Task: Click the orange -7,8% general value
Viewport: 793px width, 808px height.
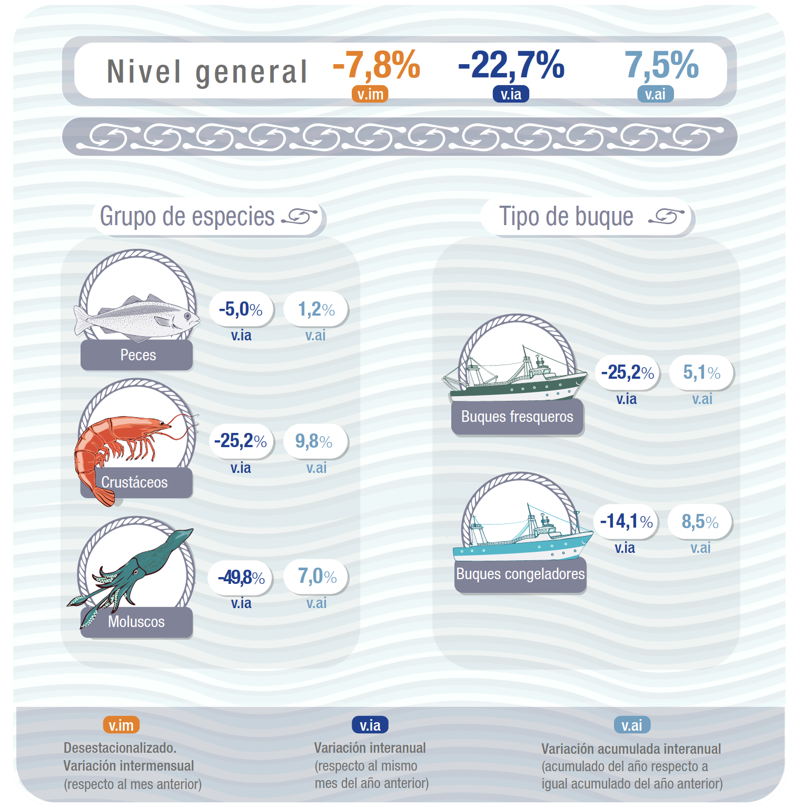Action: (x=376, y=65)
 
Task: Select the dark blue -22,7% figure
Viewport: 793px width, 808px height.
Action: (x=511, y=65)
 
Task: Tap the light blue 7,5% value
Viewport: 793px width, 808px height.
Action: (x=661, y=65)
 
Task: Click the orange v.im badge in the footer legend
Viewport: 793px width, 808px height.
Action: (x=121, y=725)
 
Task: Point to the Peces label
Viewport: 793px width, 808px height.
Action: (x=137, y=355)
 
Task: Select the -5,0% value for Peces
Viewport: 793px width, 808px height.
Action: (x=241, y=309)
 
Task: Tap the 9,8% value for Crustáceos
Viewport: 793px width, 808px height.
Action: (x=314, y=441)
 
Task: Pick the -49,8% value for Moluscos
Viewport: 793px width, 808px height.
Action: (x=241, y=577)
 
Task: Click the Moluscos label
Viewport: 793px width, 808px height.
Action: (x=136, y=622)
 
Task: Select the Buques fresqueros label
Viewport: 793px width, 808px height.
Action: (x=517, y=417)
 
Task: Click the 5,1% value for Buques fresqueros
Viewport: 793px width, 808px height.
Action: (x=701, y=372)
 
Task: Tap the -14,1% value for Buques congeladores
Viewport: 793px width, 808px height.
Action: (x=626, y=521)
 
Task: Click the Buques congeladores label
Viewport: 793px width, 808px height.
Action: (x=520, y=574)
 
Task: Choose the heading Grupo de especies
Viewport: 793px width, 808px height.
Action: (x=187, y=216)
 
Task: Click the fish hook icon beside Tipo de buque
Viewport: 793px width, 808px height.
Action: (x=666, y=216)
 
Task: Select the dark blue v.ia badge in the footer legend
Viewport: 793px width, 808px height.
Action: (x=370, y=725)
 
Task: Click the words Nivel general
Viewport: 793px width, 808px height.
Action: (x=207, y=72)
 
